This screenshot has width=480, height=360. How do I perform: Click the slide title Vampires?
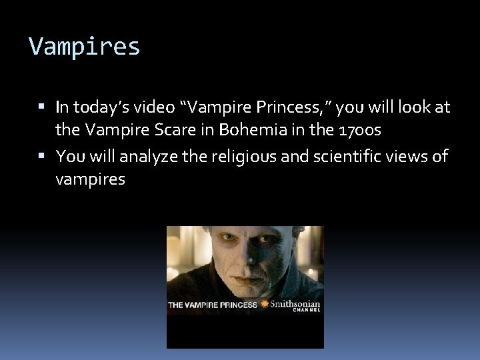coord(85,47)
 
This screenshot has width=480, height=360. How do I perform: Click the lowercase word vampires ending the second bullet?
coord(90,179)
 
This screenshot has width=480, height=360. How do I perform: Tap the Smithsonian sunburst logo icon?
coord(265,304)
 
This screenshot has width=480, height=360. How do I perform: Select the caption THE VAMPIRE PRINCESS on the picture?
coord(212,305)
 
